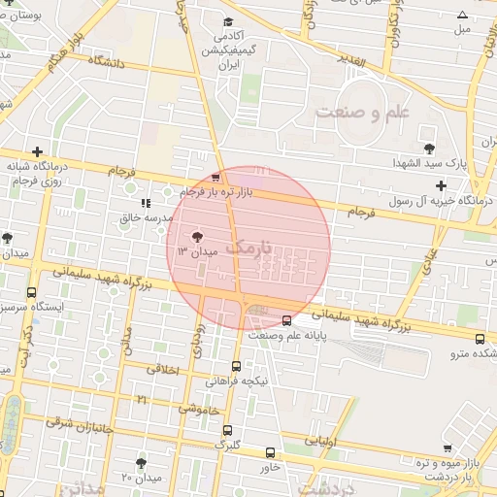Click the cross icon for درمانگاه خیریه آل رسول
tap(442, 185)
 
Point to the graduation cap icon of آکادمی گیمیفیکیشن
tap(228, 21)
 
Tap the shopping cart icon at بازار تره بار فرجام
tap(215, 178)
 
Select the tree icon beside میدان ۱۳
tap(198, 235)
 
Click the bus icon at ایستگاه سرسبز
tap(32, 292)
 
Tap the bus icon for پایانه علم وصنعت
tap(286, 320)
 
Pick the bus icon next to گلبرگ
tap(227, 430)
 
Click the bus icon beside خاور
tap(270, 451)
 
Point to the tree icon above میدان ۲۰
tap(142, 463)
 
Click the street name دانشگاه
tap(109, 61)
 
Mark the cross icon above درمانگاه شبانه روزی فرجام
tap(37, 151)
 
